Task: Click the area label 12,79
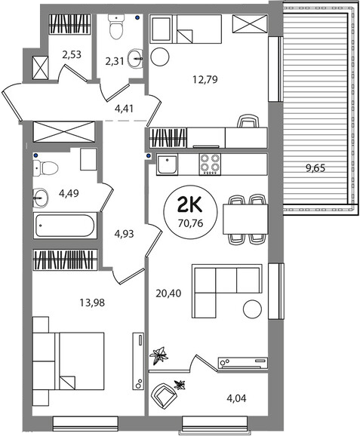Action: tap(205, 80)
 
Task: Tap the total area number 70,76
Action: tap(191, 223)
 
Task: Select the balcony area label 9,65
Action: tap(315, 168)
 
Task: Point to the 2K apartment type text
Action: tap(191, 206)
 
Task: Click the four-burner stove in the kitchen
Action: tap(210, 164)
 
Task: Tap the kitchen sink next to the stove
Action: tap(167, 164)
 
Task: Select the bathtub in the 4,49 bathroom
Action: tap(66, 226)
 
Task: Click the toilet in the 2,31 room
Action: tap(116, 26)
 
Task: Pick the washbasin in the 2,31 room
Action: tap(136, 59)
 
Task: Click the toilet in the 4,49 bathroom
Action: tap(45, 168)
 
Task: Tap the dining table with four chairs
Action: tap(245, 219)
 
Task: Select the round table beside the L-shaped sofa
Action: tap(252, 309)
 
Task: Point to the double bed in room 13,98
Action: tap(69, 361)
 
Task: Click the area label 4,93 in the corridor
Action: tap(124, 234)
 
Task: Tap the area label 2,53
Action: tap(72, 54)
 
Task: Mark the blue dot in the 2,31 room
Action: tap(137, 18)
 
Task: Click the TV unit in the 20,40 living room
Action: tap(243, 363)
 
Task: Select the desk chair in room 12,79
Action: tap(248, 121)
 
